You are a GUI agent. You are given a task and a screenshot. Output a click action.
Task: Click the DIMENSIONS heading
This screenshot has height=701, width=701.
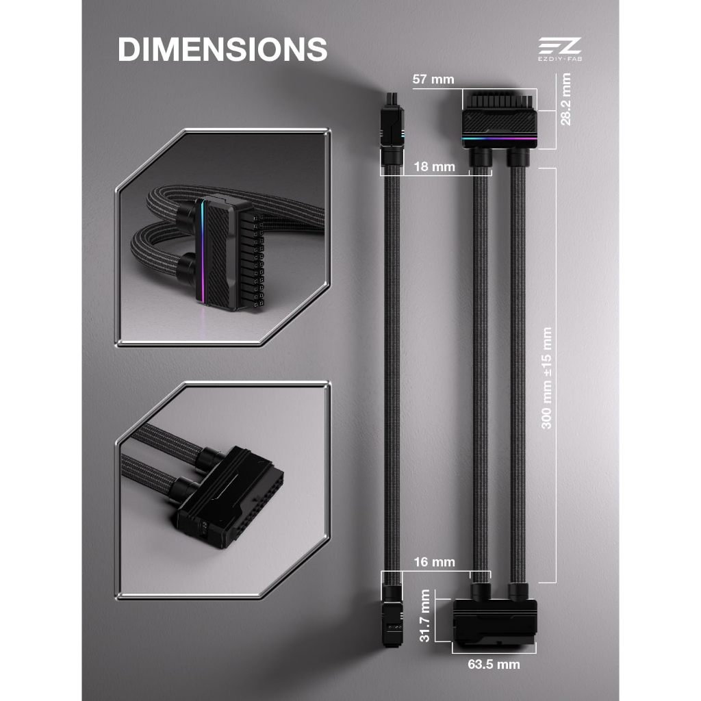click(222, 49)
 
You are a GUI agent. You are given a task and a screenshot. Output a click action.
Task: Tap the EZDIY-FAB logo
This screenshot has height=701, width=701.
click(560, 49)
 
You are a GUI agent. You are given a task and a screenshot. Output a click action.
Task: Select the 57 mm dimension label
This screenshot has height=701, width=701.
click(433, 79)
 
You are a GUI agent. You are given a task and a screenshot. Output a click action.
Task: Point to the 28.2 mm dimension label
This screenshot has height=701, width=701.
click(565, 99)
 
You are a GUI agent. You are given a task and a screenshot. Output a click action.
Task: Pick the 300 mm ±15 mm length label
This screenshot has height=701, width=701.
click(547, 378)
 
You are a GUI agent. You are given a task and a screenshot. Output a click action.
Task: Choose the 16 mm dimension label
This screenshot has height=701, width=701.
click(434, 562)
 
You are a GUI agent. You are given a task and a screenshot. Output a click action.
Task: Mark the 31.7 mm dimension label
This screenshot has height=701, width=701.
click(424, 615)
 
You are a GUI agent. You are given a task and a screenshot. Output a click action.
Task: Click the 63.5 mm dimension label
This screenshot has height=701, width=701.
click(494, 664)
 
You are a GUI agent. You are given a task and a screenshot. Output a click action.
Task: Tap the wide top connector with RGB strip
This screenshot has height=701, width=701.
click(499, 119)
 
